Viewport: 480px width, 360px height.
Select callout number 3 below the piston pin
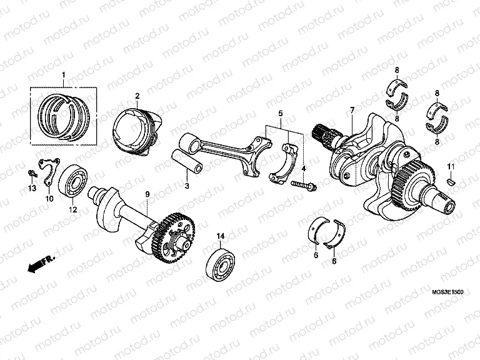click(x=186, y=186)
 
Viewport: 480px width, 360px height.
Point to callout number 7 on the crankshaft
click(x=352, y=111)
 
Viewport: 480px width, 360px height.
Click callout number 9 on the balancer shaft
click(x=147, y=196)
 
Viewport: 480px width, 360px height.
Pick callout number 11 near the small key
click(x=449, y=165)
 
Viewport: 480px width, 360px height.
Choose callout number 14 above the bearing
click(x=220, y=236)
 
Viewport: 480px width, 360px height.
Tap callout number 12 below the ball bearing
click(x=72, y=210)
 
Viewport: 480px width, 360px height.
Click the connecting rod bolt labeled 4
click(x=303, y=186)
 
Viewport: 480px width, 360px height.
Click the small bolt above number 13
click(x=32, y=172)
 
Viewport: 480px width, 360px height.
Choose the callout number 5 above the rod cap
click(x=281, y=114)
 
